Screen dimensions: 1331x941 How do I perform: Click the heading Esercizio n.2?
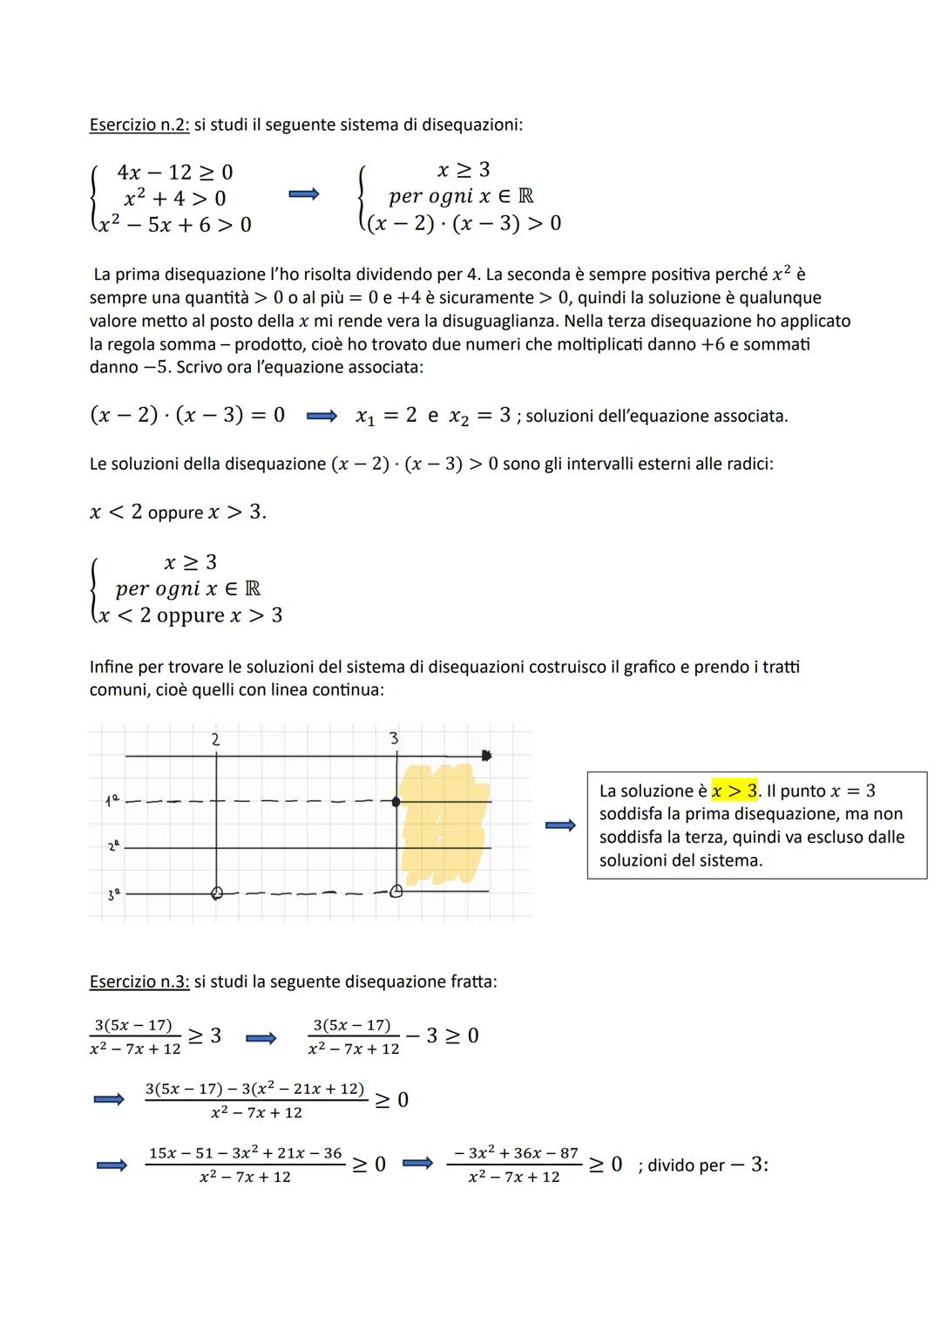pyautogui.click(x=138, y=125)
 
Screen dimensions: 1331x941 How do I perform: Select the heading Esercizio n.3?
pyautogui.click(x=138, y=981)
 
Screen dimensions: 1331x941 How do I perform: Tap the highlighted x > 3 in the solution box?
pyautogui.click(x=735, y=791)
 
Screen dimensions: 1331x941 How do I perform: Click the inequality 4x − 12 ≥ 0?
pyautogui.click(x=174, y=172)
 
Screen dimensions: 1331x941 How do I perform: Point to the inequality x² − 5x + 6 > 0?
pyautogui.click(x=174, y=225)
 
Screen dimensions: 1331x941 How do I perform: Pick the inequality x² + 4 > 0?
pyautogui.click(x=174, y=198)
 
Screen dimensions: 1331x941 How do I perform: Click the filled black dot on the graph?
pyautogui.click(x=397, y=802)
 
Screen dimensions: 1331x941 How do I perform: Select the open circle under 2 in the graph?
pyautogui.click(x=217, y=893)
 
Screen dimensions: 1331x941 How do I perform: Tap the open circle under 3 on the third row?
pyautogui.click(x=396, y=892)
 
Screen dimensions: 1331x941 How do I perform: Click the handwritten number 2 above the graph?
pyautogui.click(x=216, y=739)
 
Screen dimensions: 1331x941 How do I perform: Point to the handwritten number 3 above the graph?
pyautogui.click(x=394, y=739)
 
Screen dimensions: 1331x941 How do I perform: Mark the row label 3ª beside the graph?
pyautogui.click(x=111, y=893)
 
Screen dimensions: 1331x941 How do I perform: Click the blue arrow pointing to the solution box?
pyautogui.click(x=560, y=825)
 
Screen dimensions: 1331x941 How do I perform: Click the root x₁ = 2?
pyautogui.click(x=386, y=416)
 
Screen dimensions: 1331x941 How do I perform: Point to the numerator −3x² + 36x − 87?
pyautogui.click(x=515, y=1152)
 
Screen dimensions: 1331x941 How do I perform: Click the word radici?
pyautogui.click(x=748, y=463)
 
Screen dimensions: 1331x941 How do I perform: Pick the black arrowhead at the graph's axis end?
pyautogui.click(x=486, y=755)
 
